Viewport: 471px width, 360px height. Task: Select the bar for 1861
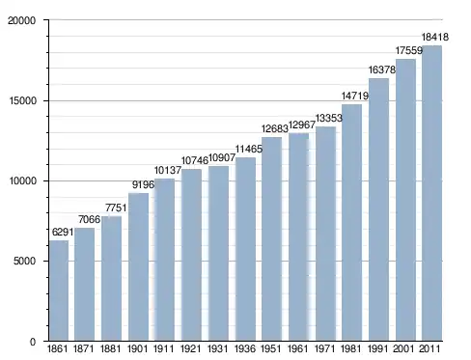click(x=59, y=291)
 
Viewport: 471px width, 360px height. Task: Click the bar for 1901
click(x=138, y=266)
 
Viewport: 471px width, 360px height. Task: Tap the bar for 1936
click(x=245, y=249)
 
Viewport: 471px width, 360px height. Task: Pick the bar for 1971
click(x=325, y=234)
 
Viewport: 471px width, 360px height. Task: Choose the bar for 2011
click(x=431, y=193)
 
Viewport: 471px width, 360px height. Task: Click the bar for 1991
click(x=378, y=209)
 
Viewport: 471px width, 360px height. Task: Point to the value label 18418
click(x=435, y=38)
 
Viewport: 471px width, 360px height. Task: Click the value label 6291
click(x=63, y=232)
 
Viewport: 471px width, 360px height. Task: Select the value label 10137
click(x=168, y=170)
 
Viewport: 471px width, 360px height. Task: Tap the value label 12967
click(x=302, y=125)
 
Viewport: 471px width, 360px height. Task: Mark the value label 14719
click(x=355, y=96)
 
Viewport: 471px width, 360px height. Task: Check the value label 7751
click(x=116, y=208)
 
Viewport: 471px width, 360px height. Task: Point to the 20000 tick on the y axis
click(x=21, y=20)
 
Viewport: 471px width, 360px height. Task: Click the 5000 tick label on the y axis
click(x=24, y=261)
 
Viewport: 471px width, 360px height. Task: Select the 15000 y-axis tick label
click(x=22, y=100)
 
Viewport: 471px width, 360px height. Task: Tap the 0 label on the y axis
click(x=33, y=342)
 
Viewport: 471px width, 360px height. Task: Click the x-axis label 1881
click(x=110, y=348)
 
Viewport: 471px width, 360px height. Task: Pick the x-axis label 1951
click(x=271, y=348)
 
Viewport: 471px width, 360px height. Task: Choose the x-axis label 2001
click(x=404, y=348)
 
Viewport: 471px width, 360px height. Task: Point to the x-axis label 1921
click(x=190, y=348)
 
